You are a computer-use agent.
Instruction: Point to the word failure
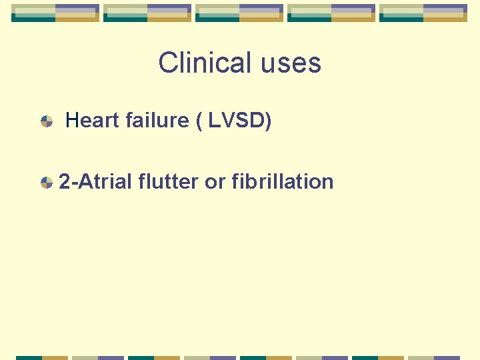pos(159,121)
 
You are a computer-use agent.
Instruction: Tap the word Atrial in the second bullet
pos(105,181)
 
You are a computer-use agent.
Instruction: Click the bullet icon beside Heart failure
pos(47,121)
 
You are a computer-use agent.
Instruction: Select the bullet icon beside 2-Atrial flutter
pos(47,182)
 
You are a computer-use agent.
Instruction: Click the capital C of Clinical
pos(167,63)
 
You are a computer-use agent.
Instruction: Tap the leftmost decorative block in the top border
pos(55,13)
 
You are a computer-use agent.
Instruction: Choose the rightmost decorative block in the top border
pos(423,13)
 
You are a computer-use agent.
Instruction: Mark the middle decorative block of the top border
pos(239,13)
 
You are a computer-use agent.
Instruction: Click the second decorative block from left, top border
pos(147,13)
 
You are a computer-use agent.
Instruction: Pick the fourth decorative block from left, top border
pos(331,13)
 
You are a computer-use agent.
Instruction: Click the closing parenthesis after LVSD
pos(268,121)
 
